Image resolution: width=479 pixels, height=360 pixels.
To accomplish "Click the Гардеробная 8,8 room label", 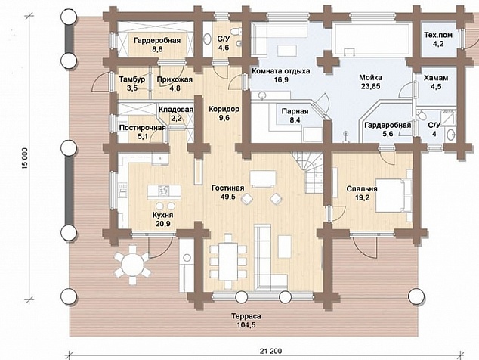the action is [x=157, y=45].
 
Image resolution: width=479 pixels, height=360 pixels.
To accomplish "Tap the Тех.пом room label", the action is [x=438, y=36].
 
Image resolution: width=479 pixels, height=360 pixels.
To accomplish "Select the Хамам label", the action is [x=436, y=78].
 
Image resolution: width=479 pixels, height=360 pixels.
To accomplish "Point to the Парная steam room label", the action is [x=295, y=111].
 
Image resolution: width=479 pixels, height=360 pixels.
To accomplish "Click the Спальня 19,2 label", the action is [x=362, y=193].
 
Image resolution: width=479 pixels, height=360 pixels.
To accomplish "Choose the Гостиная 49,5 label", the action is [x=228, y=192].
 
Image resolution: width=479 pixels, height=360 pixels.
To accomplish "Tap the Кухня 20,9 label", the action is [x=163, y=219].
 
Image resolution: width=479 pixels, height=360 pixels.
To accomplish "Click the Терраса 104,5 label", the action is [x=246, y=320].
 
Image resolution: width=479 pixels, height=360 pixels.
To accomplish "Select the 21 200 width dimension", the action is [x=270, y=351].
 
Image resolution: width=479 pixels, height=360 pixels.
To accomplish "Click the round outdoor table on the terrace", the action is [x=132, y=263].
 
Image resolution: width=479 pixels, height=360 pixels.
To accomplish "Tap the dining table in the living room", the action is [x=228, y=262].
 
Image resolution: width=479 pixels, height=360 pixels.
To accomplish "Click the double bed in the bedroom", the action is [x=394, y=195].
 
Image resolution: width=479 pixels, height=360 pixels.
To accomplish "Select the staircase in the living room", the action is [x=308, y=172].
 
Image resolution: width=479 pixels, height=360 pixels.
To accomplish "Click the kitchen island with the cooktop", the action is [x=164, y=192].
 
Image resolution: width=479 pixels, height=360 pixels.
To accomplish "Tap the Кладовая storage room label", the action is [x=176, y=113].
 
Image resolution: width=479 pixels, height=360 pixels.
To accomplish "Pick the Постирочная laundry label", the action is [x=142, y=132].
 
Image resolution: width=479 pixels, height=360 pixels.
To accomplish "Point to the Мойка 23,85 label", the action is [x=370, y=82].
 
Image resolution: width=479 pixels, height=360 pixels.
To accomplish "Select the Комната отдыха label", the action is [x=280, y=71].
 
